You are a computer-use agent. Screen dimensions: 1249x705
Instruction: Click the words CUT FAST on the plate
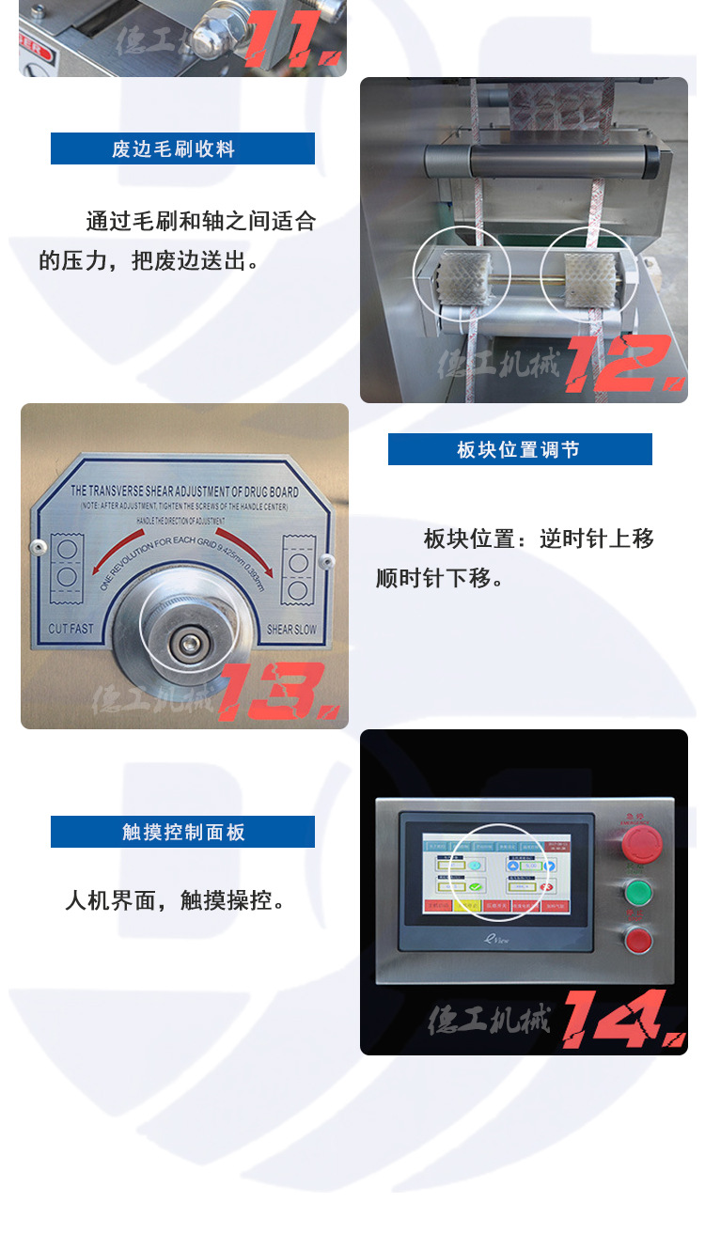[x=70, y=628]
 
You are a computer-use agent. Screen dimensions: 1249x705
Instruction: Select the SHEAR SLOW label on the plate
[x=291, y=629]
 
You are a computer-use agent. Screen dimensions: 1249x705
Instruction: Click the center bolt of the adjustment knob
[x=192, y=643]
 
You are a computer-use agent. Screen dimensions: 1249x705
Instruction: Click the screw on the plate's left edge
[x=37, y=546]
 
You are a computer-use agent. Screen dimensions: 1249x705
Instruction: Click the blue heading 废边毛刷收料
[x=182, y=148]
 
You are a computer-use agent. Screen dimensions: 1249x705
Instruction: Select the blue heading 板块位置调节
[x=520, y=449]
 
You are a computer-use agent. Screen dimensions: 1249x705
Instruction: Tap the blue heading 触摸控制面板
[x=182, y=832]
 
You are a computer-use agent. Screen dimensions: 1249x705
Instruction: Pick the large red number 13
[x=276, y=692]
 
